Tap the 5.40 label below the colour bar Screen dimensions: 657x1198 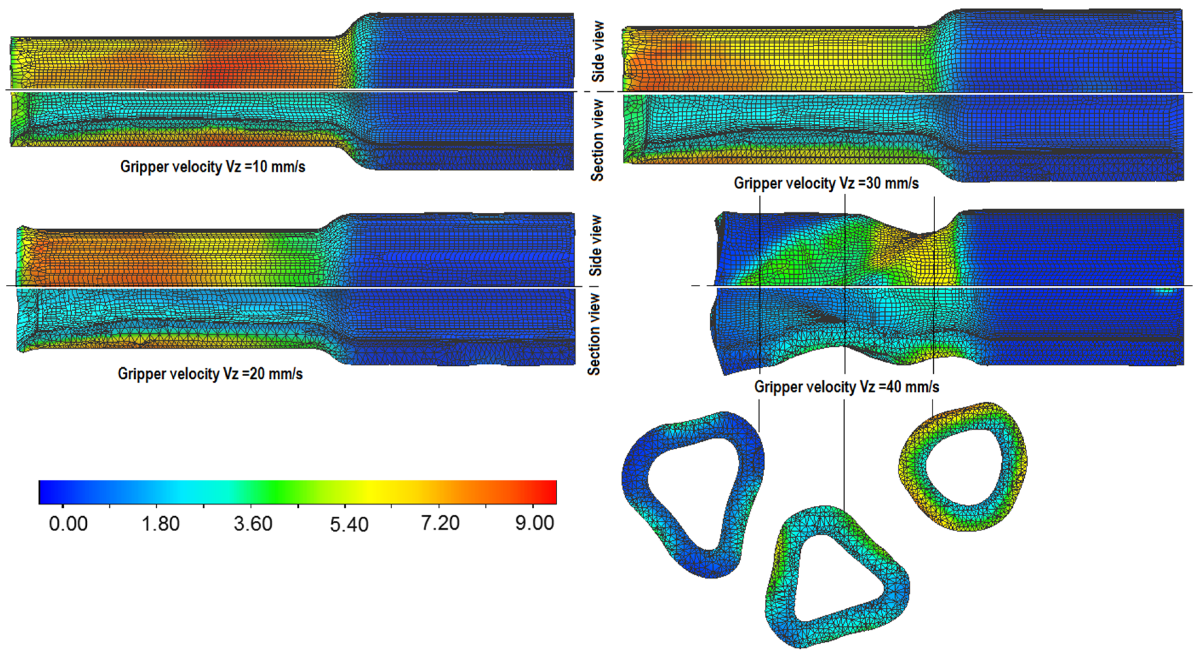click(x=349, y=524)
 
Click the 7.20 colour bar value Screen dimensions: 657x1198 click(x=440, y=523)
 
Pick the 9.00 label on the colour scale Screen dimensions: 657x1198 click(x=534, y=523)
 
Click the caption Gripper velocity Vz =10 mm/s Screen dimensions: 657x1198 click(x=212, y=167)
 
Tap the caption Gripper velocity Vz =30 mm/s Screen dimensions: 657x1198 click(x=826, y=183)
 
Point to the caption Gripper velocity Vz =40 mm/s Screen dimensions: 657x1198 click(x=846, y=387)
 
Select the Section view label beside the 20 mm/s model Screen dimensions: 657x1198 click(x=594, y=334)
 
